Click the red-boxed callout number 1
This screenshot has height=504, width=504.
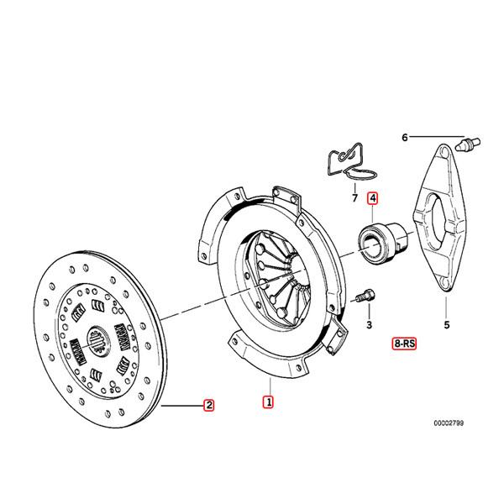coord(268,402)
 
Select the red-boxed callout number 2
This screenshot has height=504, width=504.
coord(208,407)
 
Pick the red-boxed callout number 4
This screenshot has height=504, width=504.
coord(371,199)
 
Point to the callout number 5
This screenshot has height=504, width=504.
coord(446,323)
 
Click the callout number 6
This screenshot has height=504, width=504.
coord(404,137)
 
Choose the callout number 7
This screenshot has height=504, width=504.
coord(354,199)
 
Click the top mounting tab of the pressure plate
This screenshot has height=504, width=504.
coord(288,199)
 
